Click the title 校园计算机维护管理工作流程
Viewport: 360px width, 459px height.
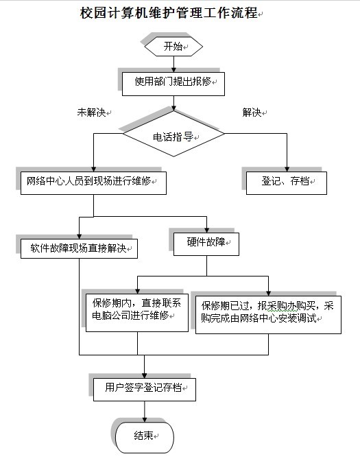point(169,13)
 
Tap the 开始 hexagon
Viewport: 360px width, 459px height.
point(173,46)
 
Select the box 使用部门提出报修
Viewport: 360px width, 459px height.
point(173,84)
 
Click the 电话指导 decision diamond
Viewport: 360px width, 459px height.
point(173,134)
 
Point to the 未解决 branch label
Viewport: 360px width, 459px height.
point(91,112)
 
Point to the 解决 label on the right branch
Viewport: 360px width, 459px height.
point(252,112)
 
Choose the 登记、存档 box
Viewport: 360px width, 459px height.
point(287,183)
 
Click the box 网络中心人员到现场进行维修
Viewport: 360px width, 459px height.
point(93,183)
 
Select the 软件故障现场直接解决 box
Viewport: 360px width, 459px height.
point(79,248)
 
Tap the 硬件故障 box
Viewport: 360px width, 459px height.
point(206,244)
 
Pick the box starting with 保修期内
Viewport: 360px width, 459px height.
point(137,313)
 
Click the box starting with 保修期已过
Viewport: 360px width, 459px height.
point(268,315)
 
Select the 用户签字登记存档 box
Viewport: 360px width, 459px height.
point(145,390)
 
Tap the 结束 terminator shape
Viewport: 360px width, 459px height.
point(145,437)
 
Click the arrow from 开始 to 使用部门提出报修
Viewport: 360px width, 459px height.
point(173,64)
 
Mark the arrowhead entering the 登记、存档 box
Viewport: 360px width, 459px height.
point(287,169)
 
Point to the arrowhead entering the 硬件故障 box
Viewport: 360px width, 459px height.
point(206,231)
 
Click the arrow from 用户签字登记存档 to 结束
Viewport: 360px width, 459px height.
point(145,412)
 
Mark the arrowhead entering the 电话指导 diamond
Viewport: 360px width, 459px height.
point(173,108)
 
